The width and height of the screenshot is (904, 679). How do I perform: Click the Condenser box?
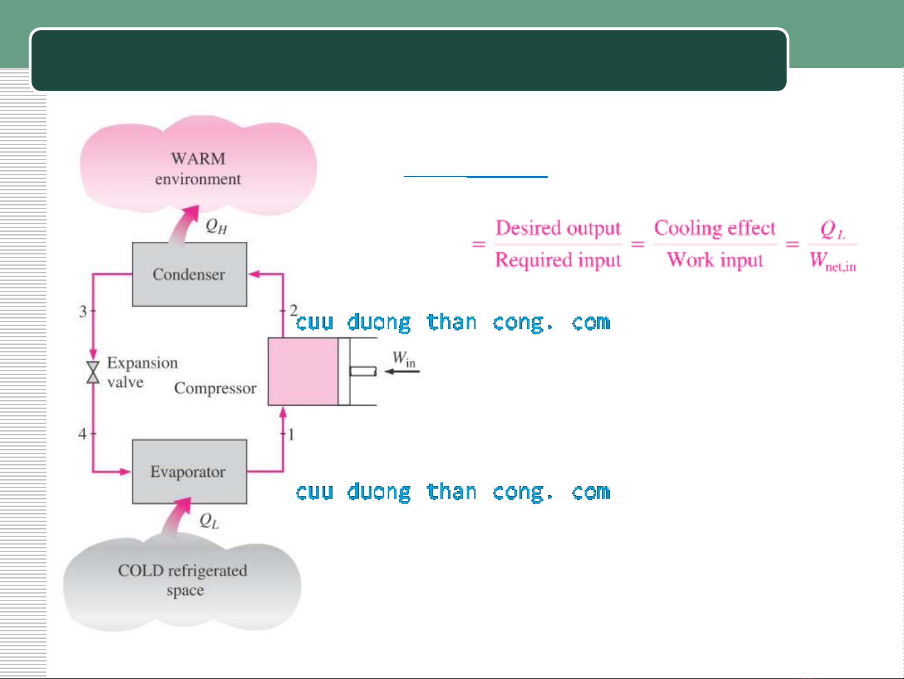coord(189,274)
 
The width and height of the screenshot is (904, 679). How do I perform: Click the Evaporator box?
coord(189,472)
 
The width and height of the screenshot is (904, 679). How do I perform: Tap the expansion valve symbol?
coord(93,372)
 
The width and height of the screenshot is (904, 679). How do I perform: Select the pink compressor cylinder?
coord(303,371)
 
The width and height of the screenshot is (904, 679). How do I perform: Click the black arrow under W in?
coord(402,371)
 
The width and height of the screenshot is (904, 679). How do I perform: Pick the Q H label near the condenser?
coord(216,226)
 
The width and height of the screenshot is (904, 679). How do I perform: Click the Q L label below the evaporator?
coord(209,521)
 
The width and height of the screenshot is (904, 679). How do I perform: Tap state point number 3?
coord(83,312)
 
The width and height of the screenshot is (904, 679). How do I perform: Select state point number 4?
coord(82,433)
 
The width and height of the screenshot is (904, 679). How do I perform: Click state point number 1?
coord(291,435)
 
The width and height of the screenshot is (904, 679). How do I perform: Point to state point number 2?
coord(293,310)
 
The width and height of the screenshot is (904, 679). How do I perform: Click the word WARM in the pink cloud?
coord(198,159)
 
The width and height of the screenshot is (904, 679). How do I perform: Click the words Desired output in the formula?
coord(558,228)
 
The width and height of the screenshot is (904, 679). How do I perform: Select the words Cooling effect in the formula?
coord(715,228)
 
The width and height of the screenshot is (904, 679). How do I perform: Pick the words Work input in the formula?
coord(715,260)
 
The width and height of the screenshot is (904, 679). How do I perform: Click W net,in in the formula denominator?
coord(832,261)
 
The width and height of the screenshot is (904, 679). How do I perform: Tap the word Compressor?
coord(215,388)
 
